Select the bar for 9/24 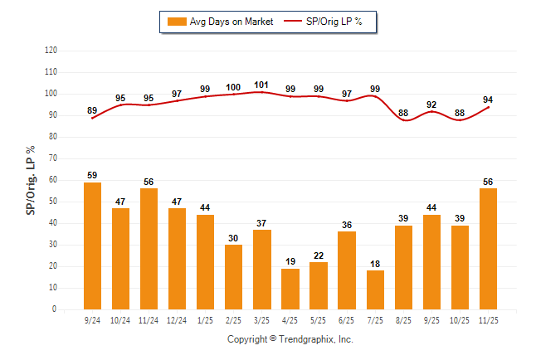[92, 246]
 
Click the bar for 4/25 [290, 289]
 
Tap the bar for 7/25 [374, 289]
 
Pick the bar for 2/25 [233, 276]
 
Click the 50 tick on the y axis [53, 202]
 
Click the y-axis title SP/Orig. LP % [31, 179]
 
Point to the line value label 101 [261, 84]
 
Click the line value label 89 [92, 110]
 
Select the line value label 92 [431, 105]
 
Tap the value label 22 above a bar [318, 255]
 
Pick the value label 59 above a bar [92, 175]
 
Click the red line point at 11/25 [488, 107]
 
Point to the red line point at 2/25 [233, 95]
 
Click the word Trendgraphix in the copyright [308, 339]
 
